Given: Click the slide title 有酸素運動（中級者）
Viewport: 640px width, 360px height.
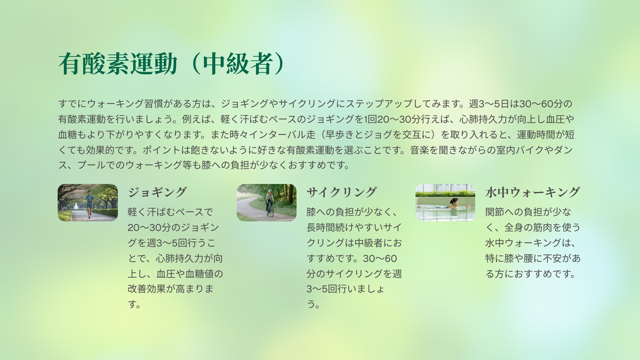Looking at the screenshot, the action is [171, 63].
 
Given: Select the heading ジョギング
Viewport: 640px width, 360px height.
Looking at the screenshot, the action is [157, 192].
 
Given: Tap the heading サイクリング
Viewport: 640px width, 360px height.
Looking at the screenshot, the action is [341, 192].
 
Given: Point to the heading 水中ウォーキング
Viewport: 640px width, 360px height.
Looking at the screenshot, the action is [532, 192].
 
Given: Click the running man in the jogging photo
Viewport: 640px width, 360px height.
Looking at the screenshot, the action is [90, 204].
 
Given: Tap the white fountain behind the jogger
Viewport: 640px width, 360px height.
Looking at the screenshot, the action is [76, 206].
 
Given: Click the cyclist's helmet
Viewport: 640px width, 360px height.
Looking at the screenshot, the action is [270, 191].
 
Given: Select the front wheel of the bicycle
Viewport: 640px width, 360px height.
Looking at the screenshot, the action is [271, 212].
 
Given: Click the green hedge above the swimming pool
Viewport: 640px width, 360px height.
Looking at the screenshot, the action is [445, 194].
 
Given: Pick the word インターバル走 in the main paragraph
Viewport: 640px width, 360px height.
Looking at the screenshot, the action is [286, 134].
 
